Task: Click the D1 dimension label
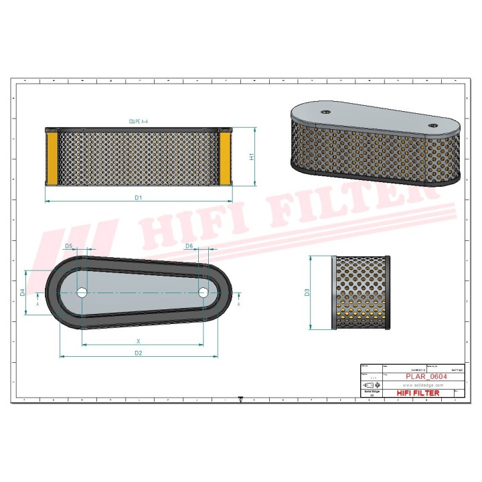coord(138,197)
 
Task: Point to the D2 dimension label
coord(138,353)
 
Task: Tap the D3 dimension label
coord(307,293)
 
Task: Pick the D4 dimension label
coord(22,292)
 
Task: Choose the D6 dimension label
coord(189,246)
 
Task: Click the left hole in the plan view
coord(82,293)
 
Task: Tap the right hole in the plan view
coord(204,292)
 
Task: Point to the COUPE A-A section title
coord(139,122)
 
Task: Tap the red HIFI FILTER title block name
coord(418,393)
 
